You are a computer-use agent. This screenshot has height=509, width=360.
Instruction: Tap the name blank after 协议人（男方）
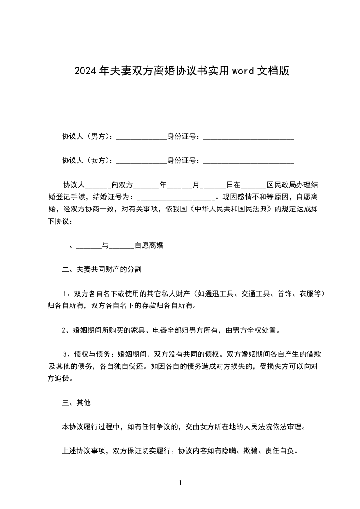142,136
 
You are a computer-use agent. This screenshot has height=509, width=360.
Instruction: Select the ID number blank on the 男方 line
248,136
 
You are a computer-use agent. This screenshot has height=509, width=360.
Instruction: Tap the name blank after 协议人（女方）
142,161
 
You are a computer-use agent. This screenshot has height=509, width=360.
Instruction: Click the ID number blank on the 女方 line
248,161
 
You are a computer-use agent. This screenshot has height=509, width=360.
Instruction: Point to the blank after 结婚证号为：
176,197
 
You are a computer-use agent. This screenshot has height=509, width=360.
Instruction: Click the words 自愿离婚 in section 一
149,245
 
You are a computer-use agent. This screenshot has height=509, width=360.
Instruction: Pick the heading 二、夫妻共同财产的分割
102,269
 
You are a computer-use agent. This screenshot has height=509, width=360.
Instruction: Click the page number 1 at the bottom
180,483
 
